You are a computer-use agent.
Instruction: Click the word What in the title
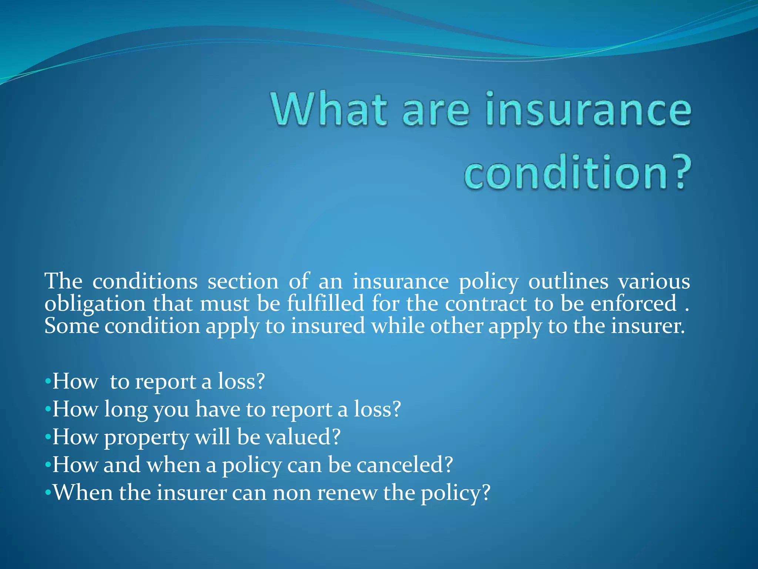(329, 109)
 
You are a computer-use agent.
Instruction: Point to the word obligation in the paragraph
(95, 305)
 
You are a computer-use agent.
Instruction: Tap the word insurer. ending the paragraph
(647, 326)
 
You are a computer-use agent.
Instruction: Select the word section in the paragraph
(243, 282)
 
